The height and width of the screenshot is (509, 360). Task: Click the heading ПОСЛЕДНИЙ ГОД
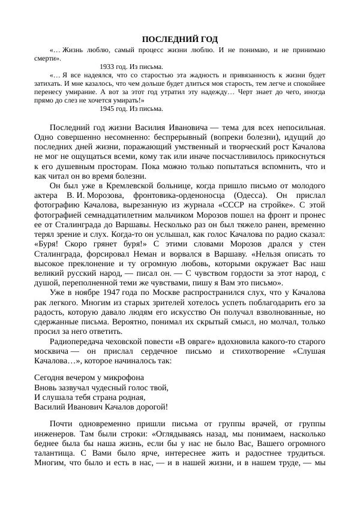[180, 39]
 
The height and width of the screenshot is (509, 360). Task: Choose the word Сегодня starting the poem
[50, 378]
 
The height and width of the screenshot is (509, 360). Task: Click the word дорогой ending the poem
[149, 406]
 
